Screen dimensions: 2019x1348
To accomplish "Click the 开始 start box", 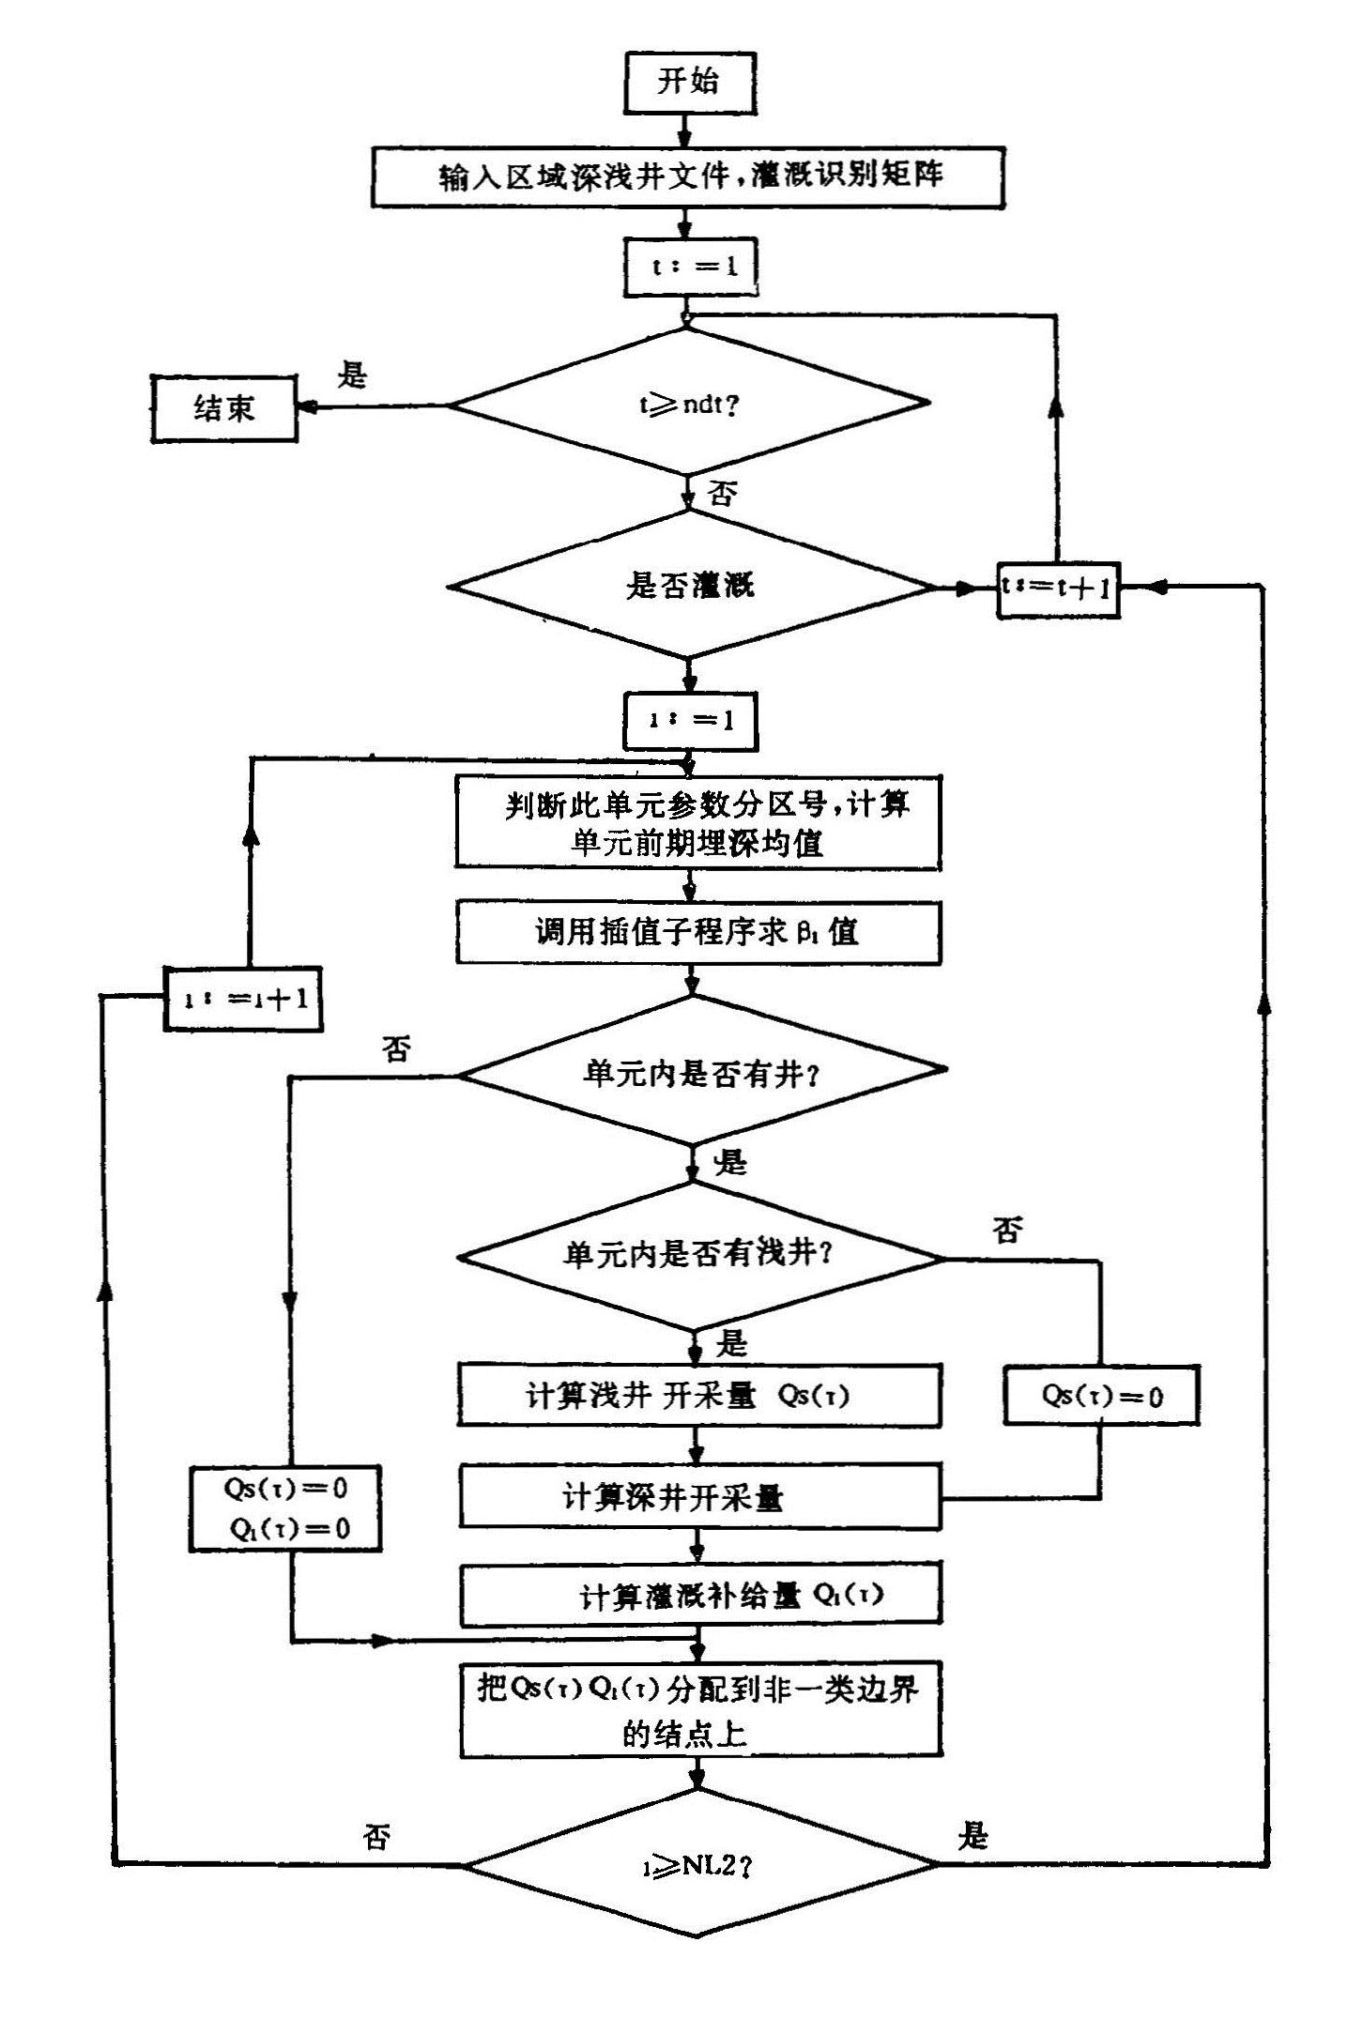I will click(x=689, y=83).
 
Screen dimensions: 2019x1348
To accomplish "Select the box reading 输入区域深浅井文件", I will click(x=687, y=176).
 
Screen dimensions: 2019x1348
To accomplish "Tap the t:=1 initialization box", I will click(x=690, y=268).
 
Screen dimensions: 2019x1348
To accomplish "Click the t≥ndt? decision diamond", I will click(x=689, y=405).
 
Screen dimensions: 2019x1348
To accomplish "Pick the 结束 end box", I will click(x=224, y=408).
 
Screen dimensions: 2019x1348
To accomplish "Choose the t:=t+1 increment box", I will click(x=1058, y=588).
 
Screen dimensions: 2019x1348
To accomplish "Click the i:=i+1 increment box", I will click(x=243, y=999).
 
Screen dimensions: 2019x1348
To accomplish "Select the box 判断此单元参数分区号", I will click(x=698, y=823).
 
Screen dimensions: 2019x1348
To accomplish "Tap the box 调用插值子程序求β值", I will click(x=698, y=933).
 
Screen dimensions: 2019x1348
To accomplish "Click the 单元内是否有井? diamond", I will click(x=698, y=1072).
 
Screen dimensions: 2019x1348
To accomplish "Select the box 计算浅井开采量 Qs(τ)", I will click(x=699, y=1396).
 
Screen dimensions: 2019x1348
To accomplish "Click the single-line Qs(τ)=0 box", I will click(x=1101, y=1396).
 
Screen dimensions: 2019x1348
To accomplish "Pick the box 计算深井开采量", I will click(x=699, y=1498).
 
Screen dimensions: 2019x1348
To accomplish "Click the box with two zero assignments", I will click(x=285, y=1508).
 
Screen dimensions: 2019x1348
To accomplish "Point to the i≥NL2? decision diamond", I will click(x=700, y=1865).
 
